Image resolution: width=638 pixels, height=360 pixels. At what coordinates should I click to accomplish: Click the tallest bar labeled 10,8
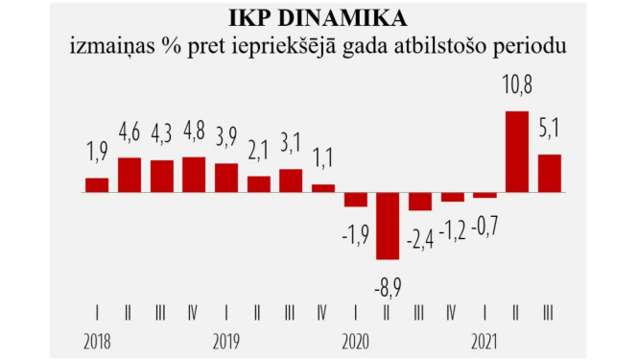(x=517, y=152)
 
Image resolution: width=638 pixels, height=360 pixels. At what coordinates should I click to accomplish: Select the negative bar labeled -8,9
(x=388, y=226)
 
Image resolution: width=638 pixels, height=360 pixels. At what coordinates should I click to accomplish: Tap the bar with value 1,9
(x=97, y=184)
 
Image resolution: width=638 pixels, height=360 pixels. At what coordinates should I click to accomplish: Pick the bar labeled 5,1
(x=549, y=173)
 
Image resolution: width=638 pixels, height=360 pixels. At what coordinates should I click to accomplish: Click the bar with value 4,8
(x=194, y=174)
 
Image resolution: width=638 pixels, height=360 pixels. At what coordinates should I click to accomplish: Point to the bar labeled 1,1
(x=323, y=187)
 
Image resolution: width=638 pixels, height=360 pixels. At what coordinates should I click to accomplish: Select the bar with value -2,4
(x=420, y=201)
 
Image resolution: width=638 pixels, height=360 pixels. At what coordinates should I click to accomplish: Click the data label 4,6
(x=130, y=131)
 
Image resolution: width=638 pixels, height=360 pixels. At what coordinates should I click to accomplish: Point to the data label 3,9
(x=226, y=136)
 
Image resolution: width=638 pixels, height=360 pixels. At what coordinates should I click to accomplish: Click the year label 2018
(x=97, y=341)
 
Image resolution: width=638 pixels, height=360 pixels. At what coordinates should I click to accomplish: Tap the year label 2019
(x=226, y=341)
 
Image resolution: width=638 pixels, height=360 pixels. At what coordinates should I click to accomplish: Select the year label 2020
(x=356, y=341)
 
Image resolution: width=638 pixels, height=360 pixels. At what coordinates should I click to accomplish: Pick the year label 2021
(x=485, y=341)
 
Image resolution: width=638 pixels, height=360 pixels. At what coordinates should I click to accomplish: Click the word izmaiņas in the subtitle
(x=111, y=46)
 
